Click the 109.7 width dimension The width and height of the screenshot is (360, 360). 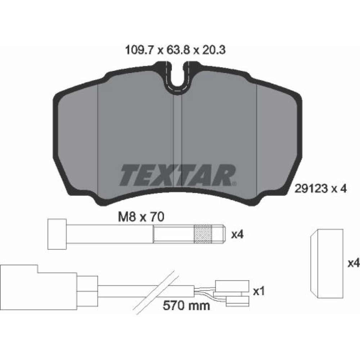[x=139, y=50]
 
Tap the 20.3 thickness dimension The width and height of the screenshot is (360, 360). [x=213, y=50]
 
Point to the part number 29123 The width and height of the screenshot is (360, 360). [x=311, y=189]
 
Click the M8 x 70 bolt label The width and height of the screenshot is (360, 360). [x=141, y=217]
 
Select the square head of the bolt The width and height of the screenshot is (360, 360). [x=57, y=234]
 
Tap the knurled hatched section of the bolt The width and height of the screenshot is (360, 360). [x=203, y=234]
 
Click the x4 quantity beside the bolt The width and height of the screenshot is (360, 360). [x=237, y=235]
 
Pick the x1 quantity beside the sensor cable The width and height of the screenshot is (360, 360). [x=259, y=291]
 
